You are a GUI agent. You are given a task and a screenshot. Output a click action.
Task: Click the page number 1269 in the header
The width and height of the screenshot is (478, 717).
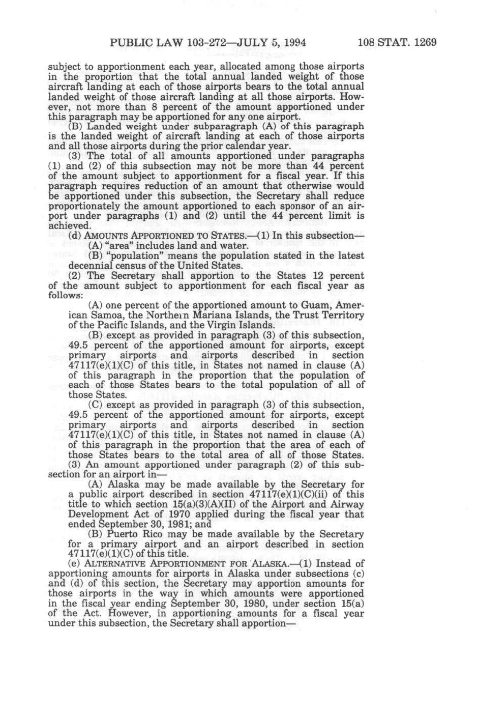[x=425, y=43]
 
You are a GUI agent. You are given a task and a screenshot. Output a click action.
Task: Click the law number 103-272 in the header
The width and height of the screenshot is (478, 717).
[x=202, y=43]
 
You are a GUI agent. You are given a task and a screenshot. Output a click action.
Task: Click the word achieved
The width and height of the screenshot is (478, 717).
[x=69, y=225]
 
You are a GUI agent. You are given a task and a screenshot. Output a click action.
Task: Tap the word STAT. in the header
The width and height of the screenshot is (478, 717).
[x=393, y=43]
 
